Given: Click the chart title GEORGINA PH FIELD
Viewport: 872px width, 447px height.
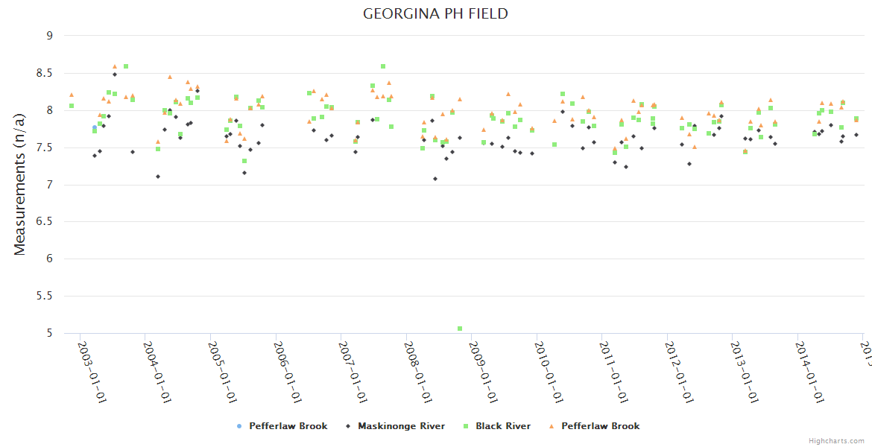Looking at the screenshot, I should coord(435,13).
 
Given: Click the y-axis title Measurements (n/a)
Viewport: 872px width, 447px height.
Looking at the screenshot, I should coord(20,184).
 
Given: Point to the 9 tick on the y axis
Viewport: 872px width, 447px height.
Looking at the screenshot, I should coord(49,36).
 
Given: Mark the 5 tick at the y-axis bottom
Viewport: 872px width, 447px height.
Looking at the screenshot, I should coord(49,334).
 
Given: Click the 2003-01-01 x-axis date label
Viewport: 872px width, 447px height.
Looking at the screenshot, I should coord(92,372).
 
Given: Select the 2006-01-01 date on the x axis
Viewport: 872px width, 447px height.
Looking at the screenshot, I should coord(288,372).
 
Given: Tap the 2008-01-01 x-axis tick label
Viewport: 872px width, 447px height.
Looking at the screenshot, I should coord(419,372).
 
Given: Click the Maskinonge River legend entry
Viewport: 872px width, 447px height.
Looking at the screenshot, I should coord(401,426).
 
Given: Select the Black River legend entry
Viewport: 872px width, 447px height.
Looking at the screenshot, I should coord(503,426).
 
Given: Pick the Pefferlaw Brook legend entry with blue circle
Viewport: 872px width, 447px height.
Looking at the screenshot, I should coord(288,426).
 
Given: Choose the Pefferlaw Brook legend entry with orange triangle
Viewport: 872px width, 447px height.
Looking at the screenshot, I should coord(600,426).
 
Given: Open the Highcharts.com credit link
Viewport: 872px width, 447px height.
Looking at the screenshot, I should coord(836,440).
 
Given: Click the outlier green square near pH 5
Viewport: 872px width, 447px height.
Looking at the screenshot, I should coord(460,329).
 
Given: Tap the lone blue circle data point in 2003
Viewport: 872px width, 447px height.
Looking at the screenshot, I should coord(95,128).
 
